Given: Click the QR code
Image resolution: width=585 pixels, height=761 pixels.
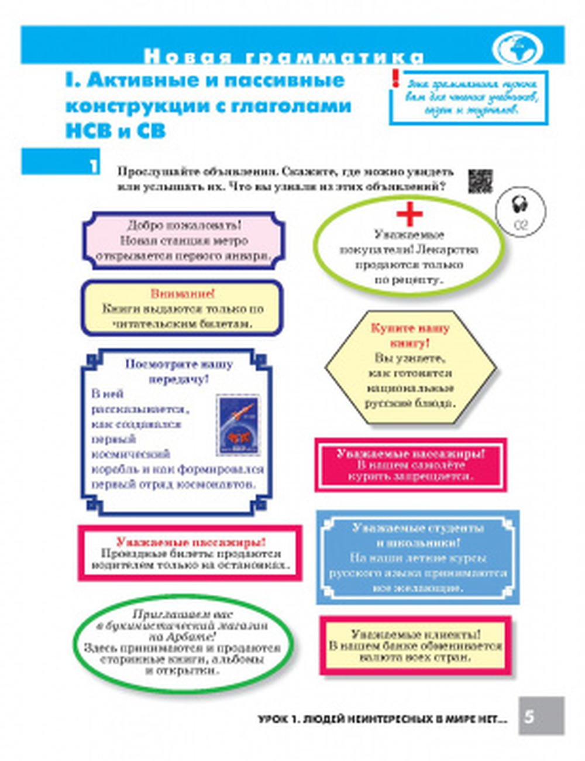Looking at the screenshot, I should [x=480, y=181].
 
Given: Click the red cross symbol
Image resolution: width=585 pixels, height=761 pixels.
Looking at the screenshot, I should [x=409, y=214].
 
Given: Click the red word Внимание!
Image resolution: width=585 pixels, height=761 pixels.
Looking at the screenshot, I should [x=183, y=293].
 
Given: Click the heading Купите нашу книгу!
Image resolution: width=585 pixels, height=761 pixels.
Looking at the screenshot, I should [x=409, y=335].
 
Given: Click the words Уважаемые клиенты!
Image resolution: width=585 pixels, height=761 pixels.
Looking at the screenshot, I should [x=415, y=633].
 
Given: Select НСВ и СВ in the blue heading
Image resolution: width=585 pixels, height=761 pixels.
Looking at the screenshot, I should [x=115, y=131].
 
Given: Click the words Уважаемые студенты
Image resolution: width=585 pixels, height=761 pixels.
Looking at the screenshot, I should [x=418, y=528].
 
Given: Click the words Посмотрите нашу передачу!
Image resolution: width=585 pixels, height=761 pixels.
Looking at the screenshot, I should [x=178, y=372].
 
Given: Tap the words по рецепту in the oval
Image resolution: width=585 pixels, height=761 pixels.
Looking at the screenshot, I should [x=409, y=280].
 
